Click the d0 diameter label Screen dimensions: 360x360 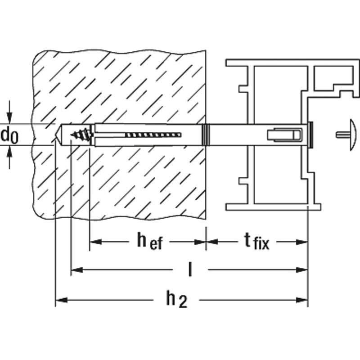9,136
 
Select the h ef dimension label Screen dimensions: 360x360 150,241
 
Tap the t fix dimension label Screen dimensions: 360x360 256,241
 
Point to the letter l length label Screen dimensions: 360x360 190,270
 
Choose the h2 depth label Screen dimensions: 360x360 177,299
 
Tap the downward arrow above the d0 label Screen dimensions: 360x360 9,112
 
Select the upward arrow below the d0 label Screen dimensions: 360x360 9,157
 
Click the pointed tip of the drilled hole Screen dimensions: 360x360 56,135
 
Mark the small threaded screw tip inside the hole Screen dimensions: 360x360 82,134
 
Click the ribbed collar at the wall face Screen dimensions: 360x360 206,135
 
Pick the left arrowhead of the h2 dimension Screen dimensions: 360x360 61,300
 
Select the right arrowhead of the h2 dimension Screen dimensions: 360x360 301,300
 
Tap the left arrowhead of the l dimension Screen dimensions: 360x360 77,270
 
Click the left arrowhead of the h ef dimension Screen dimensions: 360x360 95,242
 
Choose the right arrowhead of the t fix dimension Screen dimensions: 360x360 301,242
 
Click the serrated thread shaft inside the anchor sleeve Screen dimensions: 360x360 153,135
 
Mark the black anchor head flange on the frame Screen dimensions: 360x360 310,135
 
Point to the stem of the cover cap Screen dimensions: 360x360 343,135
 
